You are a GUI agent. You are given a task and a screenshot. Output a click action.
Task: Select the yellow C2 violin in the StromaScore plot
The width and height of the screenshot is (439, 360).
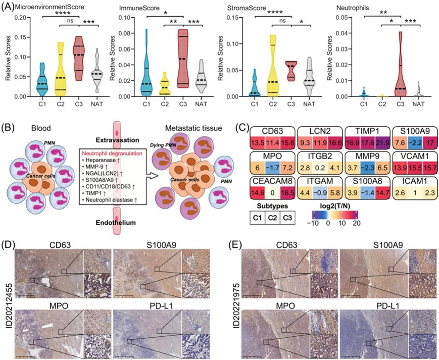click(x=272, y=71)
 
